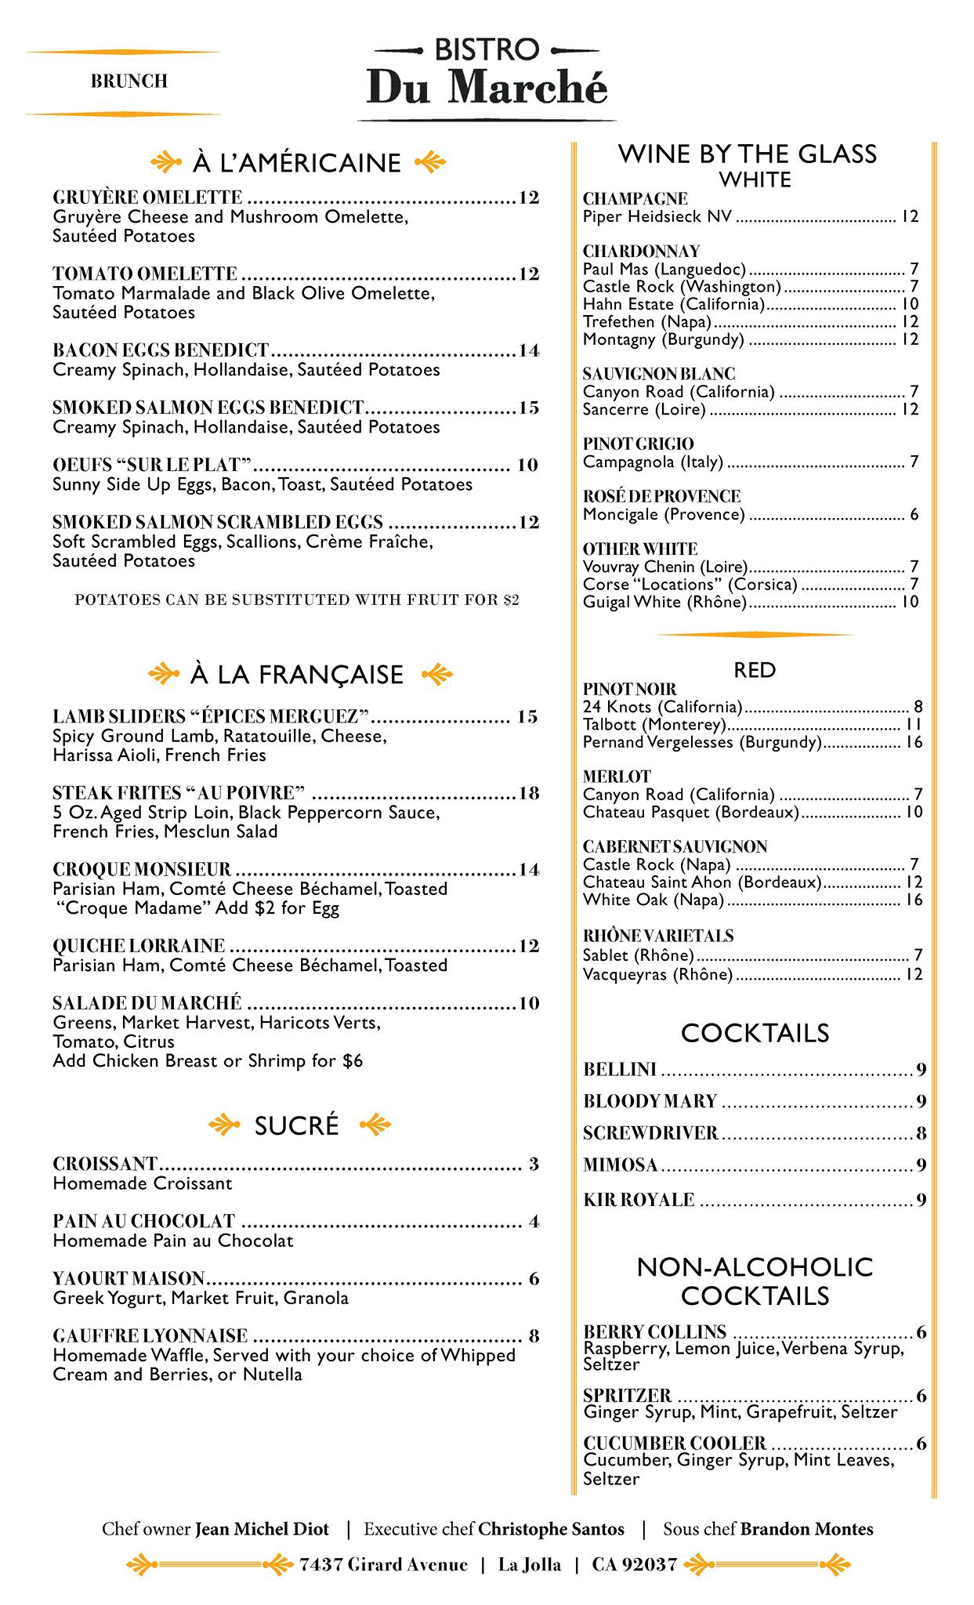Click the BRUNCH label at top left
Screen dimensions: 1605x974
129,82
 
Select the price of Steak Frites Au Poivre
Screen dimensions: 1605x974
529,793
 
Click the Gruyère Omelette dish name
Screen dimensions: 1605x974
147,197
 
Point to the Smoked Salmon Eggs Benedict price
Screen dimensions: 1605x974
529,408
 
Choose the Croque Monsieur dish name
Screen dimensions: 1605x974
142,869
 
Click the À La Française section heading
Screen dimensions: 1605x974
296,674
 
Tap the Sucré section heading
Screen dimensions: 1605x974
297,1125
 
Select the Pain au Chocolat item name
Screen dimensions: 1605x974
144,1221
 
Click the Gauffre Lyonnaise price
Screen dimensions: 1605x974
534,1336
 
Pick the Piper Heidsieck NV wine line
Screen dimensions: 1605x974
657,216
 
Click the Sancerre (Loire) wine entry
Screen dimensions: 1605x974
644,409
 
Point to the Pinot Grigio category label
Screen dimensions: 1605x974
638,444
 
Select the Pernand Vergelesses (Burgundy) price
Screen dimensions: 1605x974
914,742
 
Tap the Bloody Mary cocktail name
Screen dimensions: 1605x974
650,1101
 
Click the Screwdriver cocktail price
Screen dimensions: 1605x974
921,1133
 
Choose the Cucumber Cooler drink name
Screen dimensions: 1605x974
675,1444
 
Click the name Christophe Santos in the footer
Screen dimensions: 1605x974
551,1529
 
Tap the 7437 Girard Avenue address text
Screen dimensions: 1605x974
383,1565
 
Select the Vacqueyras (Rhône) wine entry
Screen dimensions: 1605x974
657,974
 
